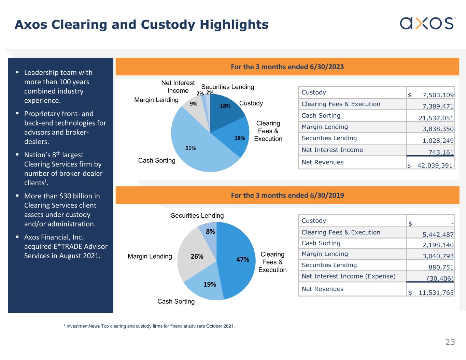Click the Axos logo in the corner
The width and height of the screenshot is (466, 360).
427,23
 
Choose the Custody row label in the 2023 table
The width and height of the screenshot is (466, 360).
314,92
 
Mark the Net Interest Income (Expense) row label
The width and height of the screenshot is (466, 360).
348,276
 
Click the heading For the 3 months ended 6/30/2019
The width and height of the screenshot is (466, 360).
287,196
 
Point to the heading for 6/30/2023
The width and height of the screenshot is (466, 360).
287,67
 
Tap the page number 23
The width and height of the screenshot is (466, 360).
450,342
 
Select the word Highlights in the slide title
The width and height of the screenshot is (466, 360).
234,25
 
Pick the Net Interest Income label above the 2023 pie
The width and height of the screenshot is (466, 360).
178,87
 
